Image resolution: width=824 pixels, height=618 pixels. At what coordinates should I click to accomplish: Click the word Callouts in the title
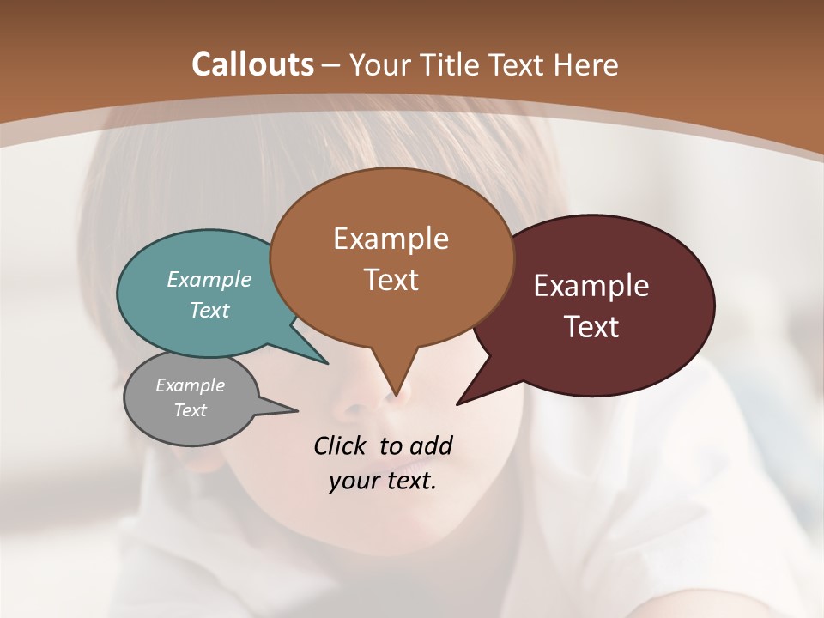click(x=252, y=65)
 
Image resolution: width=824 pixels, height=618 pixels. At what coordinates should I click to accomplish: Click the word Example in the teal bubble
click(x=209, y=280)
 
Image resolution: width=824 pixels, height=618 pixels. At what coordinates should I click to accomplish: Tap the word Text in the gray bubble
click(x=190, y=410)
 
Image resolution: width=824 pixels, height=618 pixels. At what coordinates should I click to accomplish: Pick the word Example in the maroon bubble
click(x=591, y=286)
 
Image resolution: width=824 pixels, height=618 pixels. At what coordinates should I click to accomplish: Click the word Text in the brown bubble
click(x=391, y=280)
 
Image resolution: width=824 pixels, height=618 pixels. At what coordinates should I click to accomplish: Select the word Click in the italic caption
click(x=342, y=445)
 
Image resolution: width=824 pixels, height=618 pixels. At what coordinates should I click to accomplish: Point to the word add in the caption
click(x=431, y=445)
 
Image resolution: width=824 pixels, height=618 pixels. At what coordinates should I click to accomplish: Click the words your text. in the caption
click(x=382, y=481)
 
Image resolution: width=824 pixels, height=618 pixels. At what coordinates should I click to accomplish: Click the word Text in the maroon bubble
click(x=591, y=327)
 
